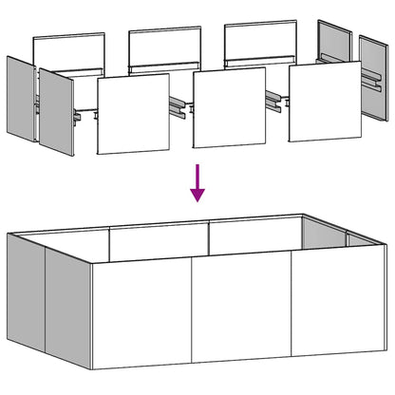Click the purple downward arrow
pyautogui.click(x=197, y=181)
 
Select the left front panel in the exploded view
pyautogui.click(x=133, y=113)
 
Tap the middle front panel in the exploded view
pyautogui.click(x=228, y=106)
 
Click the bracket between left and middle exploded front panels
pyautogui.click(x=180, y=106)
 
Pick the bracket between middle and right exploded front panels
pyautogui.click(x=276, y=99)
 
